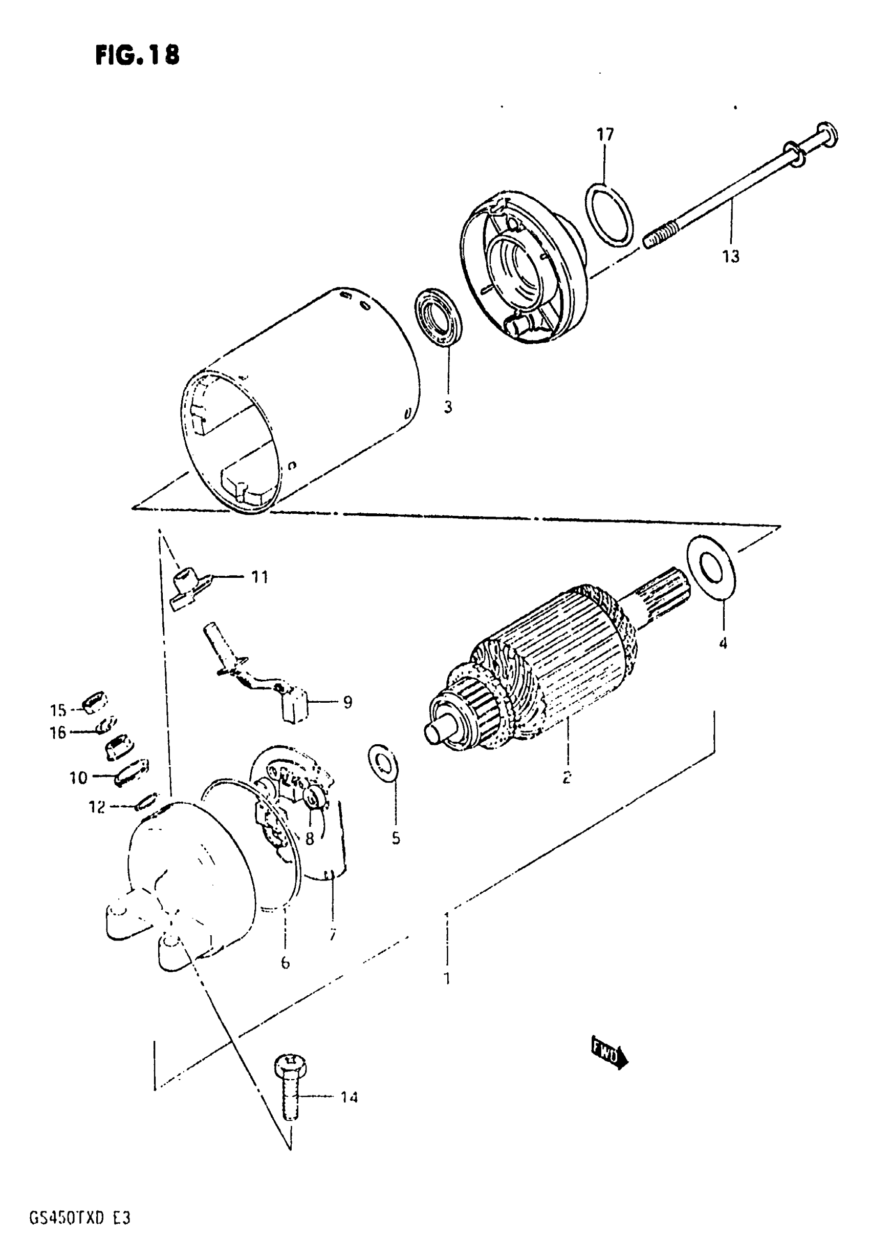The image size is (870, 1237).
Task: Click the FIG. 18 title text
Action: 137,55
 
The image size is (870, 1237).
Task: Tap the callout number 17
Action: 605,134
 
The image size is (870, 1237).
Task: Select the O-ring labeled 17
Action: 608,215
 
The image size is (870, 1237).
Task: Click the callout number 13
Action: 731,257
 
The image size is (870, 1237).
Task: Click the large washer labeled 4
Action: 711,568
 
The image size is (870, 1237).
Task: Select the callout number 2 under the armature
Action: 567,777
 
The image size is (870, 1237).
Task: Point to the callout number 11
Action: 259,577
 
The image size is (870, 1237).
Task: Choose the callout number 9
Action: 347,702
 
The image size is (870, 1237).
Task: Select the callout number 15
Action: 58,710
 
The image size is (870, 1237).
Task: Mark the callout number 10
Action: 78,778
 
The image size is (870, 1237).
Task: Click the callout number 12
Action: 97,807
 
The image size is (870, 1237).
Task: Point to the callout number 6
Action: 285,962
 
